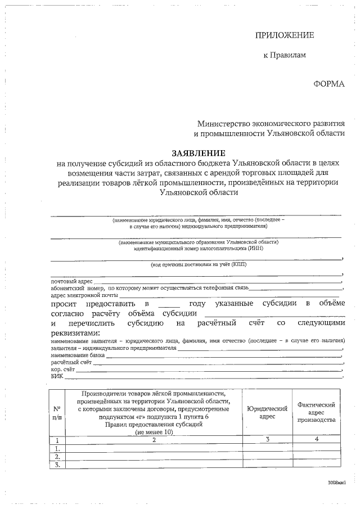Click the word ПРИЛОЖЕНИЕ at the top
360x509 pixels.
285,35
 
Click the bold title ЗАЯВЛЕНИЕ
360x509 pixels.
199,153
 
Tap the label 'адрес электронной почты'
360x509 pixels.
84,295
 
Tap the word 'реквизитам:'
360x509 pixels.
75,334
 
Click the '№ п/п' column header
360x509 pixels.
57,413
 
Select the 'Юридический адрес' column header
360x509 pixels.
267,413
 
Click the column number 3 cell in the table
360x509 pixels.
267,440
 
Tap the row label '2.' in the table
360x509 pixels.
57,457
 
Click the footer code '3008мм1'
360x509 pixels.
336,483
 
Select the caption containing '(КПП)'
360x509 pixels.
198,264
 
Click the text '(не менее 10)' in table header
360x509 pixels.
154,431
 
